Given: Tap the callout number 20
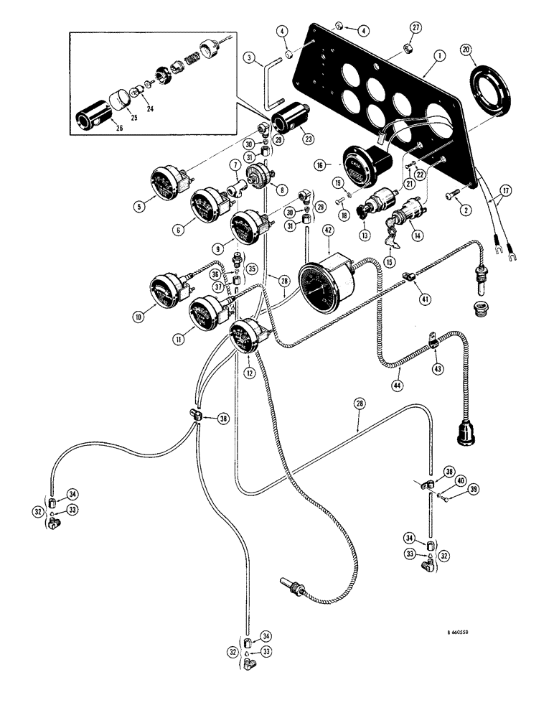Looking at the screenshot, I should pos(467,50).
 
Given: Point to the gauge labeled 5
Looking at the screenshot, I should pos(169,184).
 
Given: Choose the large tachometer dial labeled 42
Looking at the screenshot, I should pos(327,286).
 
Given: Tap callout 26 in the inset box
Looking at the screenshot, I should pos(100,129).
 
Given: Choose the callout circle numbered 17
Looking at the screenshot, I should pos(508,192).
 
